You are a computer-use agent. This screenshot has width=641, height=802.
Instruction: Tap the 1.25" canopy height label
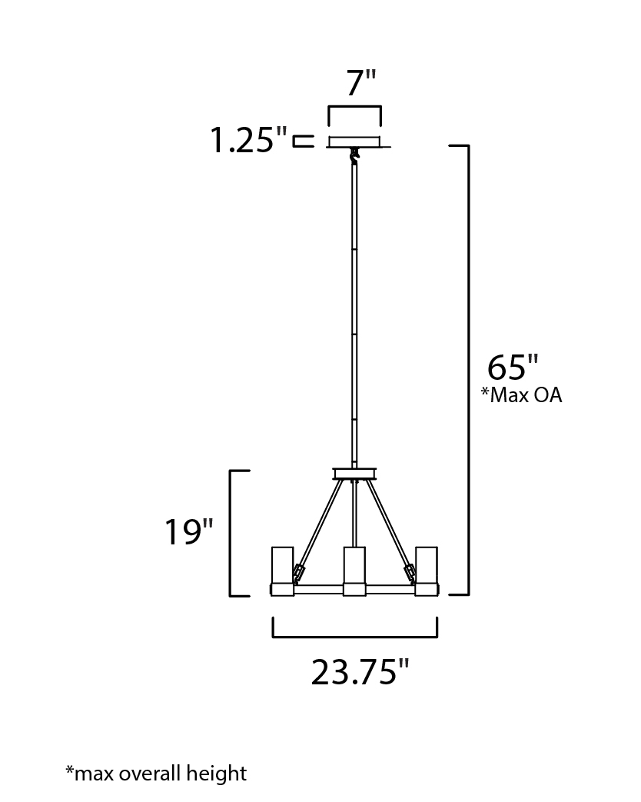click(x=249, y=140)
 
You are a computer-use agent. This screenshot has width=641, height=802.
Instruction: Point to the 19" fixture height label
click(x=188, y=532)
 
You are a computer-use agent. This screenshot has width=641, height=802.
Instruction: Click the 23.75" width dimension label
click(x=360, y=671)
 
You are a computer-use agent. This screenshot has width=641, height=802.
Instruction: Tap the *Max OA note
click(x=521, y=395)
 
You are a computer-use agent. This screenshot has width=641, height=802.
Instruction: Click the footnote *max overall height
click(x=156, y=773)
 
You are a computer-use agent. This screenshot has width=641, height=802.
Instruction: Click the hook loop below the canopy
click(x=354, y=155)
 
